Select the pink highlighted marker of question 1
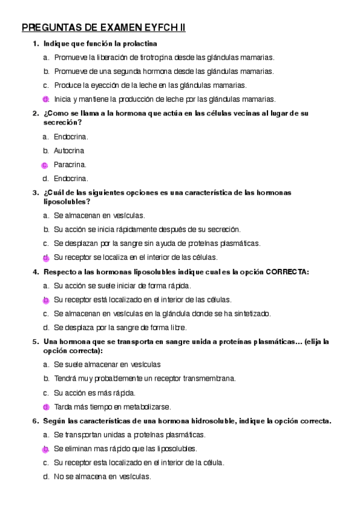pyautogui.click(x=46, y=99)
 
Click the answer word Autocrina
pyautogui.click(x=69, y=150)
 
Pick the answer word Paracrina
pyautogui.click(x=70, y=164)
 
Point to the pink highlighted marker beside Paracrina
pyautogui.click(x=45, y=165)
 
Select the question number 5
pyautogui.click(x=35, y=342)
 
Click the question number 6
pyautogui.click(x=35, y=420)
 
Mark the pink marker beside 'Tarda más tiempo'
pyautogui.click(x=46, y=407)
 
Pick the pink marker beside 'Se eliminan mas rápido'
pyautogui.click(x=46, y=449)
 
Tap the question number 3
pyautogui.click(x=35, y=192)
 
